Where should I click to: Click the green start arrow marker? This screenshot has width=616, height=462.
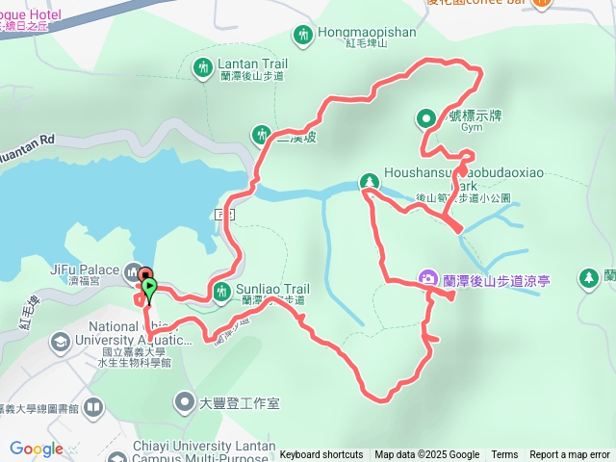tap(149, 287)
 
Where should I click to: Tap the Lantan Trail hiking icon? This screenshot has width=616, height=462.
tap(203, 67)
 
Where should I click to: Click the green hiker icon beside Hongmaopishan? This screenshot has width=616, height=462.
tap(304, 35)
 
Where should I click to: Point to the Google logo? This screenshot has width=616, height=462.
tap(37, 449)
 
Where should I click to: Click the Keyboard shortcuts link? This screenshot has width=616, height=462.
tap(321, 455)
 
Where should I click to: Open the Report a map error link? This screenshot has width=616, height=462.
tap(570, 455)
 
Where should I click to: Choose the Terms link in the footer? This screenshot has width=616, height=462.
tap(504, 455)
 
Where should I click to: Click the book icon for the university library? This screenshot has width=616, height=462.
tap(93, 407)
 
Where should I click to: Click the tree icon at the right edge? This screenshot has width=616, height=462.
tap(588, 278)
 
